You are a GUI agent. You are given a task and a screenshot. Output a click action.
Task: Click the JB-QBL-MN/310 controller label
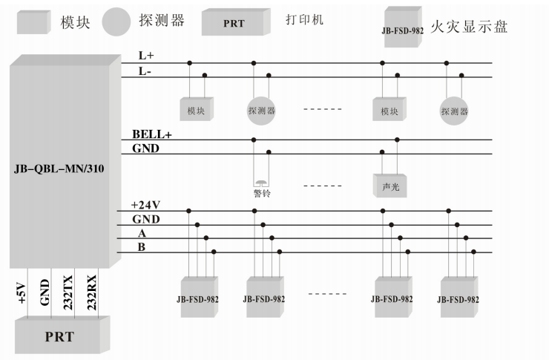(x=59, y=169)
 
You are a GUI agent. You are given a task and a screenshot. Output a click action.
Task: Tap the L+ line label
(x=147, y=56)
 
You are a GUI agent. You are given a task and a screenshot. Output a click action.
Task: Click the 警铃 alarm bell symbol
(x=261, y=183)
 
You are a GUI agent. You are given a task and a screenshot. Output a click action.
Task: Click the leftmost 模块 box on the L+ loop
(x=196, y=109)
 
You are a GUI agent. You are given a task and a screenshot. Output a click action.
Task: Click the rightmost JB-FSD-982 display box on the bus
(x=457, y=297)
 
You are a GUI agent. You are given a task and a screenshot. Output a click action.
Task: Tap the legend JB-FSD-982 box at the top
(x=402, y=26)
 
